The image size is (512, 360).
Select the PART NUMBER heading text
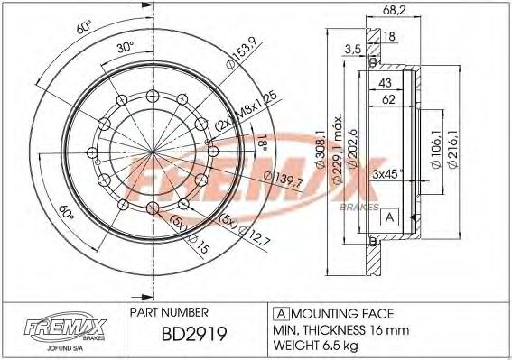pyautogui.click(x=171, y=311)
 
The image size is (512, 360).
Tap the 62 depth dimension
pyautogui.click(x=386, y=100)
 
